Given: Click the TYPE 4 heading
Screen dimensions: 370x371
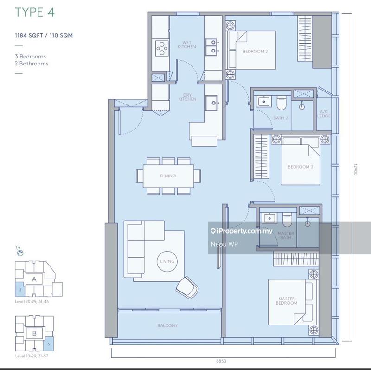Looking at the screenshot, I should click(35, 12).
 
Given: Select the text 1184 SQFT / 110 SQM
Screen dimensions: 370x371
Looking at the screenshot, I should click(44, 35).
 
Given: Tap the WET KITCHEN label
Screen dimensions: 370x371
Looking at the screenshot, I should click(187, 45).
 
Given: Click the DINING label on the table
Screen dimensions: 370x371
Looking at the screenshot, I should click(168, 176).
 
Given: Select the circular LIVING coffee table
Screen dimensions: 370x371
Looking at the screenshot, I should click(167, 261).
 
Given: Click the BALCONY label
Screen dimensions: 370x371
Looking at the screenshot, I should click(167, 325).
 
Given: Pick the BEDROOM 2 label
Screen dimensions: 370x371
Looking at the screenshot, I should click(255, 51).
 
